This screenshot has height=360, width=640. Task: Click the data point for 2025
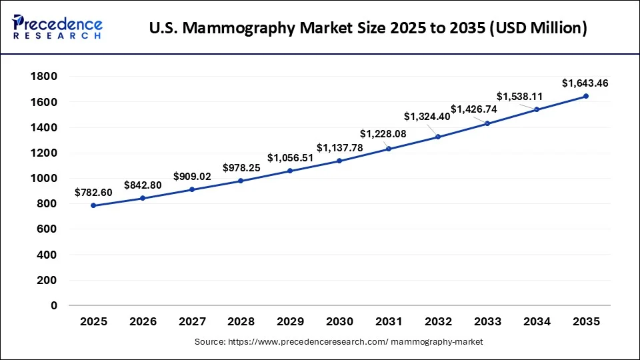click(93, 205)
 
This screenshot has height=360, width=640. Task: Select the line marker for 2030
click(339, 161)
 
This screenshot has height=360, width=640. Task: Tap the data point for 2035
click(586, 96)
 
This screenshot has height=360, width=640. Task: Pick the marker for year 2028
click(241, 181)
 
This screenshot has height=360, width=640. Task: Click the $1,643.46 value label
click(585, 83)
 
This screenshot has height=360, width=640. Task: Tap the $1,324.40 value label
click(427, 116)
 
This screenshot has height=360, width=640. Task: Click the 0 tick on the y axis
click(54, 305)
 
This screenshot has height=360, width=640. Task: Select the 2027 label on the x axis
click(192, 321)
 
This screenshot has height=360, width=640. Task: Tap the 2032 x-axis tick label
click(438, 321)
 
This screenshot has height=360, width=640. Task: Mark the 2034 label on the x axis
click(537, 321)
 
